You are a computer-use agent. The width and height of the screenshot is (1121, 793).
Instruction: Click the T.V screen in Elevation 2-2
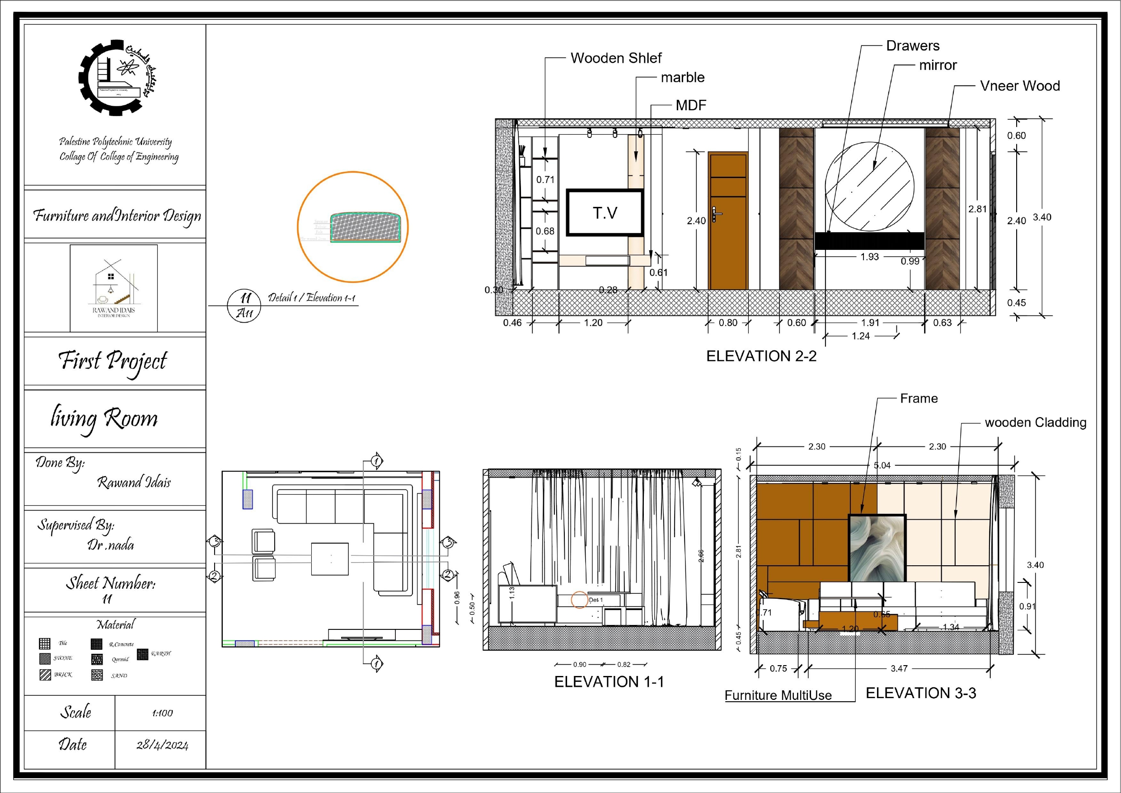click(x=605, y=213)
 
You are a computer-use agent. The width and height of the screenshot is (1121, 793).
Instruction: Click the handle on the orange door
click(x=715, y=214)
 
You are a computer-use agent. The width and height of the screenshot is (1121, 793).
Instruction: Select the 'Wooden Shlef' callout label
click(x=616, y=58)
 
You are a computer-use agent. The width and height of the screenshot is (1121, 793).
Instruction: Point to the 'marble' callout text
click(x=683, y=78)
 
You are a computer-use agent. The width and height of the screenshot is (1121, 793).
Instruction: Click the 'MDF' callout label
click(x=691, y=105)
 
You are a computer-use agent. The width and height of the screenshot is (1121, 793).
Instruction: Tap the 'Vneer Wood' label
click(x=1020, y=86)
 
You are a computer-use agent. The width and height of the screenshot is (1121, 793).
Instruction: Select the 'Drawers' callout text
click(x=913, y=46)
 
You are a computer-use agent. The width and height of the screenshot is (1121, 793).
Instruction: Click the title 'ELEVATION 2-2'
click(x=761, y=356)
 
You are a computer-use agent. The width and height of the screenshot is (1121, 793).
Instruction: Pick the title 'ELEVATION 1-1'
click(x=609, y=682)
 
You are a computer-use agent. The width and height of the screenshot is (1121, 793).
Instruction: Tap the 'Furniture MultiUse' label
click(x=778, y=695)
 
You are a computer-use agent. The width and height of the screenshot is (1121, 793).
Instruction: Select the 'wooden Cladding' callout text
click(x=1035, y=422)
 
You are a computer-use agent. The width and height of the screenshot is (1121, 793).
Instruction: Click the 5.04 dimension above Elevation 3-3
click(x=882, y=465)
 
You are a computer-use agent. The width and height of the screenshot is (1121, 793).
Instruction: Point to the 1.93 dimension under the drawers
click(x=870, y=257)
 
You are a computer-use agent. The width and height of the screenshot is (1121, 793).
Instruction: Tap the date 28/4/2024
click(x=162, y=745)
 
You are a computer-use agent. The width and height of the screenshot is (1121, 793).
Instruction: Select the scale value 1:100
click(x=162, y=713)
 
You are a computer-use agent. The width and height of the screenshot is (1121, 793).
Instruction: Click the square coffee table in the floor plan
click(x=330, y=559)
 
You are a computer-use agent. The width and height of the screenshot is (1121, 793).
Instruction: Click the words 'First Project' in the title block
click(x=113, y=361)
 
